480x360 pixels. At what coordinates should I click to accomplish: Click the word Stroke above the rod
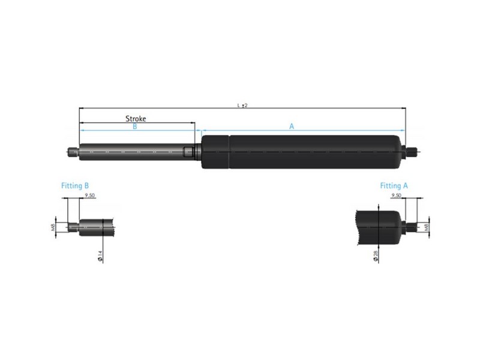(x=136, y=119)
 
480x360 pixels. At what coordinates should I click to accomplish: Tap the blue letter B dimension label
(x=134, y=127)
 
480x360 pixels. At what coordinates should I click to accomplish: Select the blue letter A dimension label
(x=292, y=127)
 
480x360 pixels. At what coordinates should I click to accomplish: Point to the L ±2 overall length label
(x=242, y=106)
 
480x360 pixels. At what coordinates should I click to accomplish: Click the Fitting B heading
(x=75, y=186)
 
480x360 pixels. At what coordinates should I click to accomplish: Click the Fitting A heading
(x=394, y=186)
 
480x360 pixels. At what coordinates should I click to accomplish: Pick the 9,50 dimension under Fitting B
(x=89, y=196)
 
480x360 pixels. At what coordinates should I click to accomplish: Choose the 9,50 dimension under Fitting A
(x=396, y=196)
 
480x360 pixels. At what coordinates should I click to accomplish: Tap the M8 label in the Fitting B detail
(x=53, y=227)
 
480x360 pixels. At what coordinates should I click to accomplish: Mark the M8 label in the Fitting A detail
(x=426, y=227)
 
